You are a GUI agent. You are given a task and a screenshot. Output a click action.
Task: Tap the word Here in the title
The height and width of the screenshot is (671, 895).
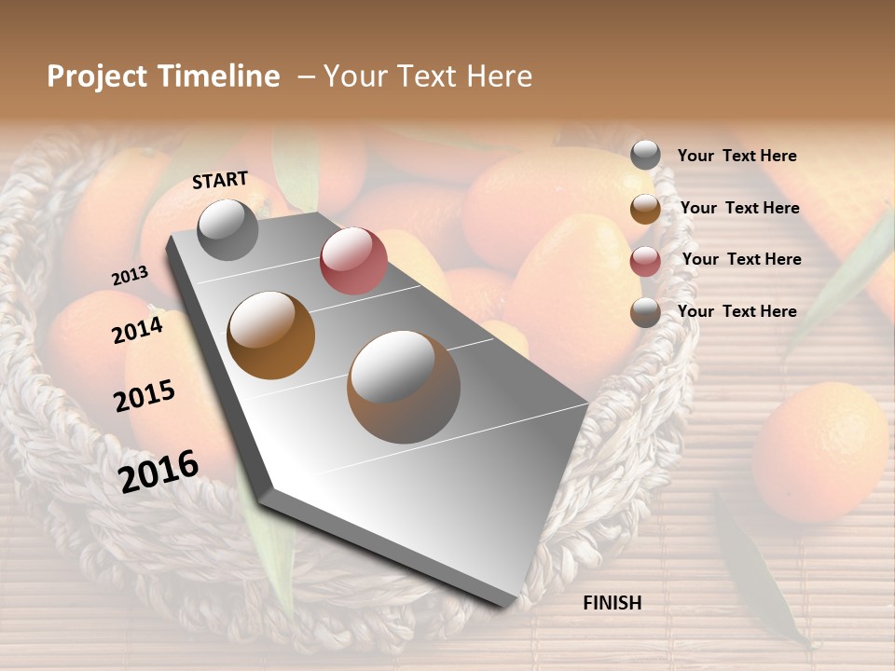point(500,76)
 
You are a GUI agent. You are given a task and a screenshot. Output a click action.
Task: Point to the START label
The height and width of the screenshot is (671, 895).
point(220,180)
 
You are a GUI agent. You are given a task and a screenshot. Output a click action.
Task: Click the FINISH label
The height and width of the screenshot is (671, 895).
point(612,603)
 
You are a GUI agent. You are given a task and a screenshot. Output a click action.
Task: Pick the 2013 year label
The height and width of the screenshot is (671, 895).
point(130,276)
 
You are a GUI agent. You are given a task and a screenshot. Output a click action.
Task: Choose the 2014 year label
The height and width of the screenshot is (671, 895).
point(137,330)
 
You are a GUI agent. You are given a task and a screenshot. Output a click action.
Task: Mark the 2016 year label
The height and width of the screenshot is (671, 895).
point(158,471)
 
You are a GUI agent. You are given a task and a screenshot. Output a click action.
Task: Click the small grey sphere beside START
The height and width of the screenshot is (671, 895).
point(227,229)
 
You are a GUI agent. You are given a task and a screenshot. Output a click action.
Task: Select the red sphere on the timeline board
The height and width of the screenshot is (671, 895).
point(353,260)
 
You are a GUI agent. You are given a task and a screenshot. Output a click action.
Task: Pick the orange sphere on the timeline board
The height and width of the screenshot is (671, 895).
point(271,335)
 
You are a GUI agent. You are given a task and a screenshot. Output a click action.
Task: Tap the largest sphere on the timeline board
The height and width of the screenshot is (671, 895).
point(404,386)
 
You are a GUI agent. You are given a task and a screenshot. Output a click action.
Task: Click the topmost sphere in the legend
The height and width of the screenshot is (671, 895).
point(645,156)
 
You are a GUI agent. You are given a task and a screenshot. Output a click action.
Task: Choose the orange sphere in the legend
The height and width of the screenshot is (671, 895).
point(645,209)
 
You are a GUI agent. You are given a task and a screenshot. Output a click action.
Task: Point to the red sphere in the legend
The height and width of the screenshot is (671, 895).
point(645,261)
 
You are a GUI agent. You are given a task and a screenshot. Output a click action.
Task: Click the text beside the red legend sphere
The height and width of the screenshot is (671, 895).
point(741,259)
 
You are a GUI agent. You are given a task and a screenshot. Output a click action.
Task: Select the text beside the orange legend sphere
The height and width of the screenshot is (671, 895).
point(739,208)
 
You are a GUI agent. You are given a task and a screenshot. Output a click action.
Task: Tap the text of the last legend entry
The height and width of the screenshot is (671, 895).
point(737,311)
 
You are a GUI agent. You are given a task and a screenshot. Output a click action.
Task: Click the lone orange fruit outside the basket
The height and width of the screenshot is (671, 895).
point(819,452)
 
